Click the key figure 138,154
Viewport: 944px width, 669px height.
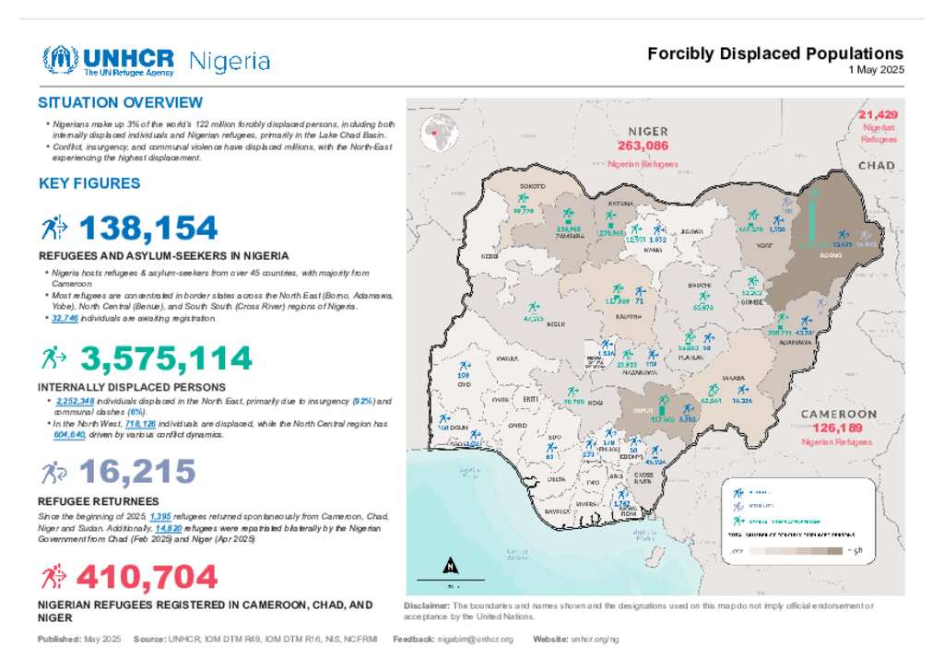click(148, 228)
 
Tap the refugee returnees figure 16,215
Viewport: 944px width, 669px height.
click(137, 473)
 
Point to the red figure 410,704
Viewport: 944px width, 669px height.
click(147, 578)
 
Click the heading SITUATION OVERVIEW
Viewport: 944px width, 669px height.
click(120, 102)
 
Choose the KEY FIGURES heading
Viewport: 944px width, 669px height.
click(89, 183)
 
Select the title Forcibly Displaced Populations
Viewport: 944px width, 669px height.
click(775, 53)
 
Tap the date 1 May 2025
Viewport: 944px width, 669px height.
click(876, 70)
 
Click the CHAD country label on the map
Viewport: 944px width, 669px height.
click(877, 165)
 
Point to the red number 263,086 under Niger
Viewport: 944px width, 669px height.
click(643, 147)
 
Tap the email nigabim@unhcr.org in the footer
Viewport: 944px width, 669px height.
click(476, 639)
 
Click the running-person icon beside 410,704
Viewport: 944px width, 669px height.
click(52, 577)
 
